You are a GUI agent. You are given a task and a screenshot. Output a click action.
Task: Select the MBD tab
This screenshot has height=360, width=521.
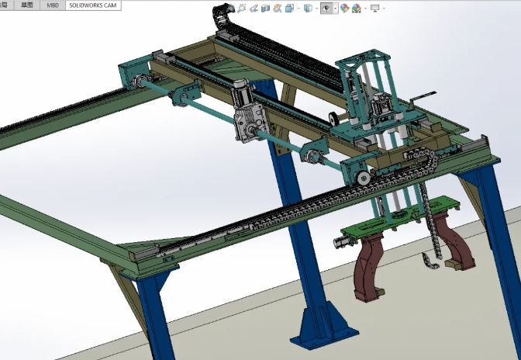coord(52,5)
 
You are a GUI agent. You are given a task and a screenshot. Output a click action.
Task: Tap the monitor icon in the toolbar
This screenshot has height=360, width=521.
coord(375,9)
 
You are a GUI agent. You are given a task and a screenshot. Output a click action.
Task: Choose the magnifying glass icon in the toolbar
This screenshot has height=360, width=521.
coord(243,9)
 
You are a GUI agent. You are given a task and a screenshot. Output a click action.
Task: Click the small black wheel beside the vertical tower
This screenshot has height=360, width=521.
coord(333,118)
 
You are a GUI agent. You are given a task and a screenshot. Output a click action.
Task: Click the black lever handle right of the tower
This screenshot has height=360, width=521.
coord(419,98)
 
